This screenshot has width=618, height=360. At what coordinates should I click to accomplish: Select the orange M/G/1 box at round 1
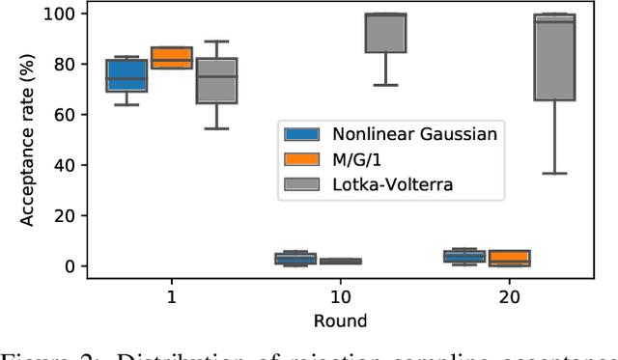[x=171, y=57]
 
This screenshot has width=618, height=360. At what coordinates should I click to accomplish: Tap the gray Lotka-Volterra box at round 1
[x=216, y=81]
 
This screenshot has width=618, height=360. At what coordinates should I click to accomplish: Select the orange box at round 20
[x=507, y=258]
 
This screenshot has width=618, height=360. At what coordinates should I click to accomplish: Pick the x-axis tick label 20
[x=510, y=300]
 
